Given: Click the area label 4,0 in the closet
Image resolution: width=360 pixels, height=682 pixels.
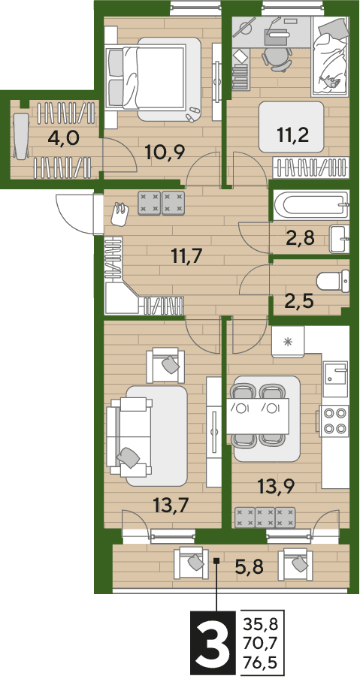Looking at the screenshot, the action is pos(64,139).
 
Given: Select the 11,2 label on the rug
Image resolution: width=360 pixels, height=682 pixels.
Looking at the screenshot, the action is pos(292,134).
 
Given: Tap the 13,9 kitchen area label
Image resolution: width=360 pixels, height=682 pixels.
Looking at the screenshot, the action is pos(276,486).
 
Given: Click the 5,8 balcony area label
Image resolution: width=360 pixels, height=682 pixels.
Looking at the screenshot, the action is pos(250,567).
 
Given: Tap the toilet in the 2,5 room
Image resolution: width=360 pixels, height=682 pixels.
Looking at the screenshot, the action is pos(333,281).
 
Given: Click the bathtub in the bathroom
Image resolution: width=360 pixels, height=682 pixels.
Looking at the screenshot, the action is pos(310,205).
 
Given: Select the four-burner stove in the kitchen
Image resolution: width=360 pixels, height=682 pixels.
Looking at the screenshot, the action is pos(333,421).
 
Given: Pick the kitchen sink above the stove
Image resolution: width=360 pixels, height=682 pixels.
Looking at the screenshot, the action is pos(334,374).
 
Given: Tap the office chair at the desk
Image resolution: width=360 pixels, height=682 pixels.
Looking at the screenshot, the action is pos(276,58).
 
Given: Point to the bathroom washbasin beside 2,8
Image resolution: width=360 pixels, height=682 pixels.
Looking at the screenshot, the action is pos(339,239).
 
